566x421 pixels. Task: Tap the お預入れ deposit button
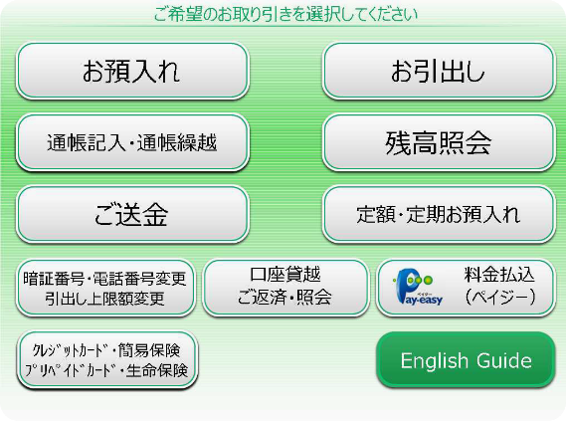tap(132, 71)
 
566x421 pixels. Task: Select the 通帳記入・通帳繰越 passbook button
tap(132, 142)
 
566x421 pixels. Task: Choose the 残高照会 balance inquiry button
tap(439, 142)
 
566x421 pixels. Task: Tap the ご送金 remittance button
tap(132, 214)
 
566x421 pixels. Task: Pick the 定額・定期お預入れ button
tap(439, 214)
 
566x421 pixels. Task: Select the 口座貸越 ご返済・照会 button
tap(285, 288)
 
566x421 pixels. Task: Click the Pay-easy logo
tap(419, 287)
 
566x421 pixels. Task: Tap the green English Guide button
tap(466, 360)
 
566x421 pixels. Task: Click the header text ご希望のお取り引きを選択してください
tap(285, 15)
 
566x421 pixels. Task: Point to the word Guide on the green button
tap(504, 360)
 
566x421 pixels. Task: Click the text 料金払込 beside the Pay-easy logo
tap(499, 275)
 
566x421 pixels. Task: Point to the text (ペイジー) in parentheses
tap(499, 298)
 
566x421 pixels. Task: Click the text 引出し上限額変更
tap(104, 299)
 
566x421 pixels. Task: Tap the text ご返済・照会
tap(284, 298)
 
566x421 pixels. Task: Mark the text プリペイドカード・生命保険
tap(106, 370)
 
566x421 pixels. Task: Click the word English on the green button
tap(435, 360)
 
